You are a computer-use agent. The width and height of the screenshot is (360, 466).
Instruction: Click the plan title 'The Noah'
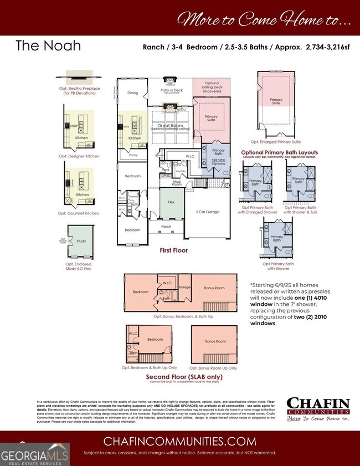48,45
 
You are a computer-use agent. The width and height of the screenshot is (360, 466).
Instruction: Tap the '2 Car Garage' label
208,212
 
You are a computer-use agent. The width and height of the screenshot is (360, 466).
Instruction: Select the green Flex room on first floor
171,203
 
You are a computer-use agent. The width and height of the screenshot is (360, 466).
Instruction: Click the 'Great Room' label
171,126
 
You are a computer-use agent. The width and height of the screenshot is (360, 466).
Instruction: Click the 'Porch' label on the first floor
166,226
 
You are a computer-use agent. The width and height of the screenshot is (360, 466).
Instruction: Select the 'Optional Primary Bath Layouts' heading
279,152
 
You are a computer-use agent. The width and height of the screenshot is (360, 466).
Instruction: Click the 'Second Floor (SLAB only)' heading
180,377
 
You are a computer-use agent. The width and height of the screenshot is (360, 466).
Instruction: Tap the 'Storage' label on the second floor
184,288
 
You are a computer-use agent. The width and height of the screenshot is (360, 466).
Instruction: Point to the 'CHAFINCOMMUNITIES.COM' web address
180,441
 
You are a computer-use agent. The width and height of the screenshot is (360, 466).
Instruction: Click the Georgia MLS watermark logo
35,450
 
